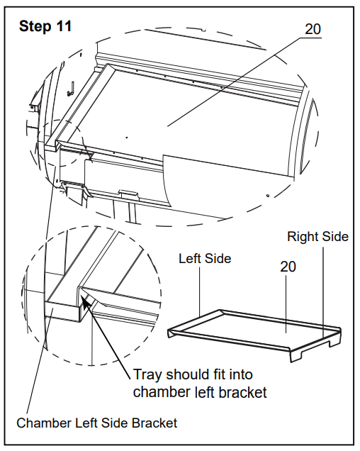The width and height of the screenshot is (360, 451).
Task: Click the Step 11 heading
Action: [45, 26]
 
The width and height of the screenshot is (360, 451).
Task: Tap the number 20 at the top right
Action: [313, 29]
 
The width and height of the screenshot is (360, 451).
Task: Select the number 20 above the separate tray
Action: [288, 267]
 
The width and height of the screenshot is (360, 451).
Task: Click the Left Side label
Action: [205, 258]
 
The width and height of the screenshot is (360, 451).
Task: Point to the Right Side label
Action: [317, 236]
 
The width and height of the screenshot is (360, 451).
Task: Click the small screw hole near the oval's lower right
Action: [268, 196]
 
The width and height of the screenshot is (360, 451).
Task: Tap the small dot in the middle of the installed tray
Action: [127, 138]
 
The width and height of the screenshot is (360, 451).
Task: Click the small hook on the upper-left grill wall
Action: [71, 89]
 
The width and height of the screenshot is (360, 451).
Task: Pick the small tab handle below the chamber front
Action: [129, 194]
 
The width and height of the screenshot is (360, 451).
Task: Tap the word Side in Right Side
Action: [335, 236]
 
